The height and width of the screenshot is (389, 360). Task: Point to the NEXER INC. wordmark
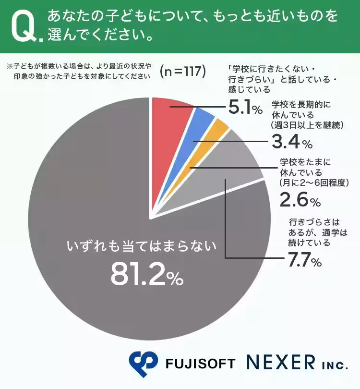297,363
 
